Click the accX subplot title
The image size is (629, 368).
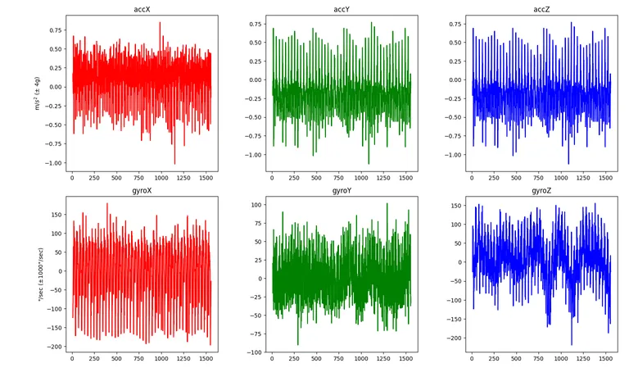(142, 9)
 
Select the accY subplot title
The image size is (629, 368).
(342, 9)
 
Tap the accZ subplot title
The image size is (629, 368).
(541, 9)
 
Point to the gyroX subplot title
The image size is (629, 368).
(142, 191)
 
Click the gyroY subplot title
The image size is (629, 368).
(342, 191)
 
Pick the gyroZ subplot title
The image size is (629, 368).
(541, 191)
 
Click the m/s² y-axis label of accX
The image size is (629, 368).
(38, 93)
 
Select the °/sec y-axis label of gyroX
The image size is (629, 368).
(40, 274)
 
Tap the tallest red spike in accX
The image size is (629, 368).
(160, 23)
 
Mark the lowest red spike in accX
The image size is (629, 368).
(174, 163)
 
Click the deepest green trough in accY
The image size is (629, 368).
(369, 163)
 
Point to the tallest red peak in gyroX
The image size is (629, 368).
(107, 204)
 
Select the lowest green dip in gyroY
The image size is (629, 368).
(297, 344)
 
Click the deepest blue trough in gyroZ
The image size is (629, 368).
(571, 344)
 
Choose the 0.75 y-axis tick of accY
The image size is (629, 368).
(256, 24)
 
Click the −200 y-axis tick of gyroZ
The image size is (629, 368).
(455, 338)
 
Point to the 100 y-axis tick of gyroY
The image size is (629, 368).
(256, 205)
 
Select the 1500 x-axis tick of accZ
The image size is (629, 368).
(605, 178)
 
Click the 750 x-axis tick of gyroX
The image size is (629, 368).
(138, 359)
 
